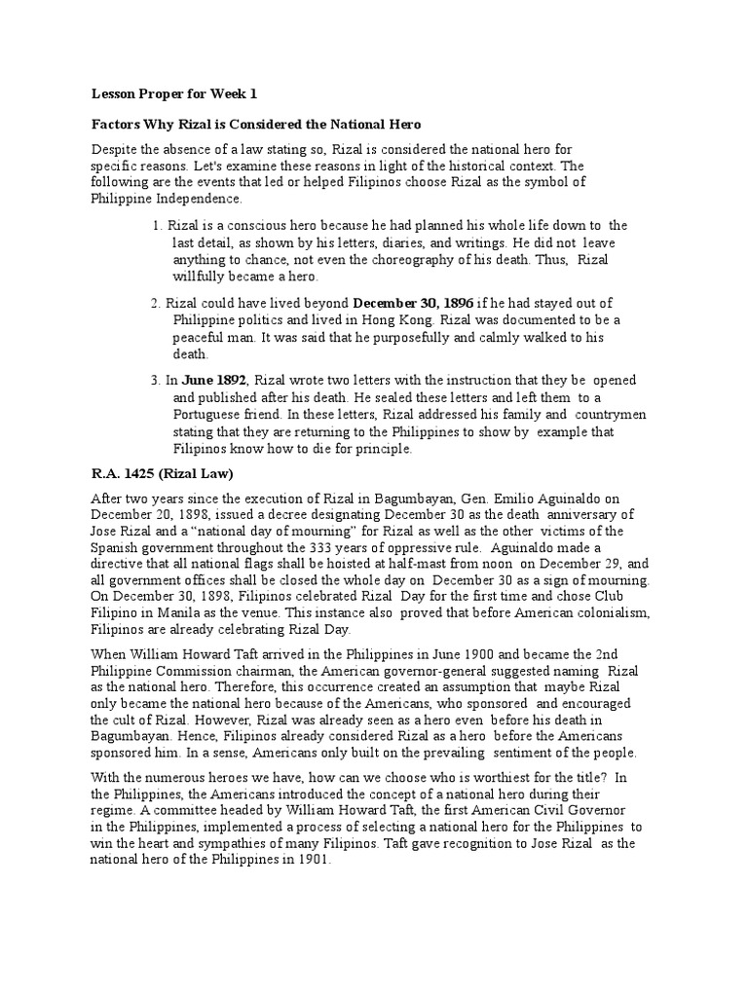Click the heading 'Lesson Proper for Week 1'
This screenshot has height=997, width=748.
coord(174,95)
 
